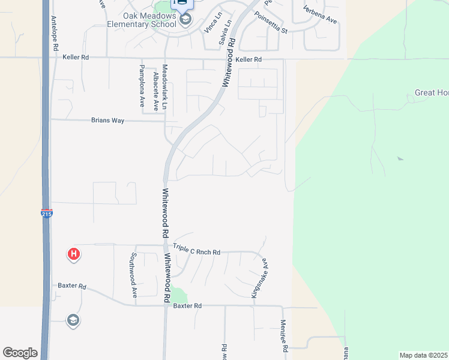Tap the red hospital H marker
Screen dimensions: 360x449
click(x=73, y=255)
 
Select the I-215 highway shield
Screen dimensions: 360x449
click(x=46, y=213)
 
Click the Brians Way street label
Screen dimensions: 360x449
click(x=107, y=121)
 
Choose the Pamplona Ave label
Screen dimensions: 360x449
click(x=142, y=86)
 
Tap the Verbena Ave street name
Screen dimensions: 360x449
click(x=320, y=14)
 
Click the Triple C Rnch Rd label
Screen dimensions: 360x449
click(x=197, y=250)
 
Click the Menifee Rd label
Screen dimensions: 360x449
click(x=284, y=336)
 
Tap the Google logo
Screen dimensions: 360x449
click(x=20, y=353)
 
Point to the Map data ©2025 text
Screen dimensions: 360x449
click(x=423, y=355)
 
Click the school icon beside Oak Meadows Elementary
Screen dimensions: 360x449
click(x=185, y=20)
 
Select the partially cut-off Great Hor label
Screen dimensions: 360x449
click(x=431, y=93)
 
